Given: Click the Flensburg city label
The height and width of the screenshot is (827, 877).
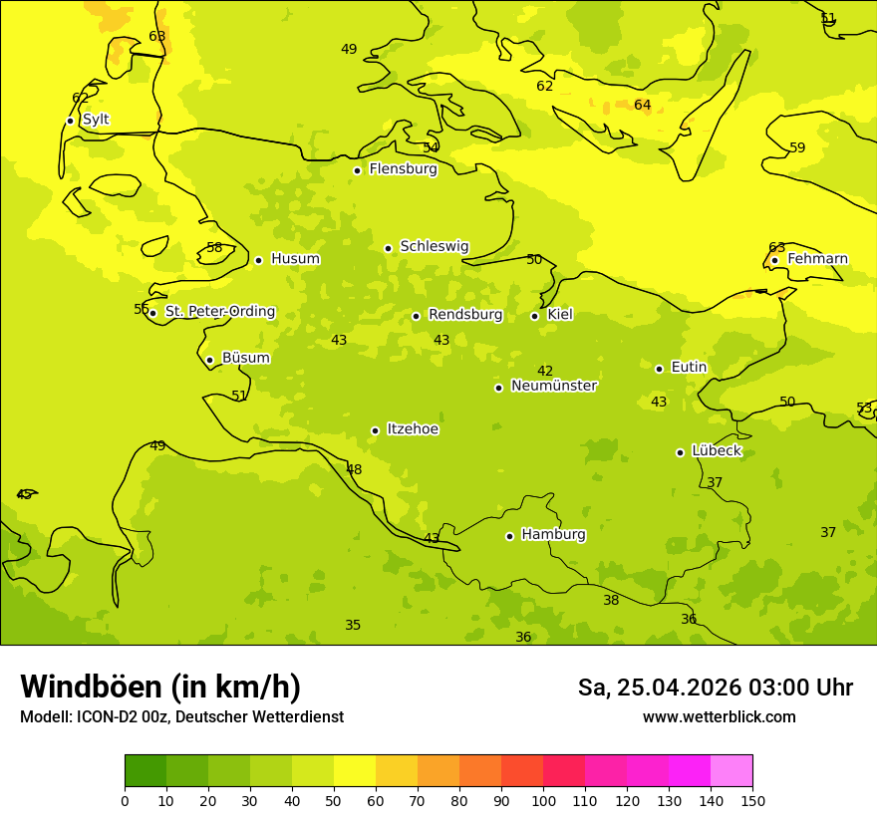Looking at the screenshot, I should [403, 169].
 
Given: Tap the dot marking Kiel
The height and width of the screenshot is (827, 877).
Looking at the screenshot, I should [534, 316].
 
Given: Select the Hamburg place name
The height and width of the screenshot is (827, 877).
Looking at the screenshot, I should [553, 535].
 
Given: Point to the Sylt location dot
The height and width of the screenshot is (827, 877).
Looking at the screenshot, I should [70, 121].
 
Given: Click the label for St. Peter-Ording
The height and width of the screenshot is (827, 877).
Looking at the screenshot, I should [219, 312].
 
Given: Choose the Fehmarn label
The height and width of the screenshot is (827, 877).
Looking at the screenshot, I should [817, 259].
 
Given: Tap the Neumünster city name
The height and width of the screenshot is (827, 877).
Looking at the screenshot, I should [553, 386].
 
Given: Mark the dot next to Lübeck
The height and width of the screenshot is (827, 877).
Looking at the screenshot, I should [680, 452].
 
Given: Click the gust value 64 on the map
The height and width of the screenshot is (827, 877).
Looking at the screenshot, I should [643, 106].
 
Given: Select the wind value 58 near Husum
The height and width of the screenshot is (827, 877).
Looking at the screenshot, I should [214, 248].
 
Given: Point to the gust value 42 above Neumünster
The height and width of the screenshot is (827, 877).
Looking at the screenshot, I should [545, 372].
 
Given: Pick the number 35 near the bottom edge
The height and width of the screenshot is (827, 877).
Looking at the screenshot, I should [353, 626].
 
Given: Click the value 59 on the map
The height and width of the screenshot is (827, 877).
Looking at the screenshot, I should [797, 148].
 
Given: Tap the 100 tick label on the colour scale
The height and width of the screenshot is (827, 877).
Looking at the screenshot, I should [543, 801].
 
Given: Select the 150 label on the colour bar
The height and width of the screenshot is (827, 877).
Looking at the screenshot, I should [752, 801].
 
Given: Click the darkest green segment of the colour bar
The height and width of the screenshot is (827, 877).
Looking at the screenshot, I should [146, 771].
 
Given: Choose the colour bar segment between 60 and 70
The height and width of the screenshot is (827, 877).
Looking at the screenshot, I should [397, 771].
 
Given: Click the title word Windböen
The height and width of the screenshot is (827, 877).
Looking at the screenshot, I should [92, 687].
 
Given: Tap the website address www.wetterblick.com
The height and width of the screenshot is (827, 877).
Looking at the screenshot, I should [719, 717].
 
